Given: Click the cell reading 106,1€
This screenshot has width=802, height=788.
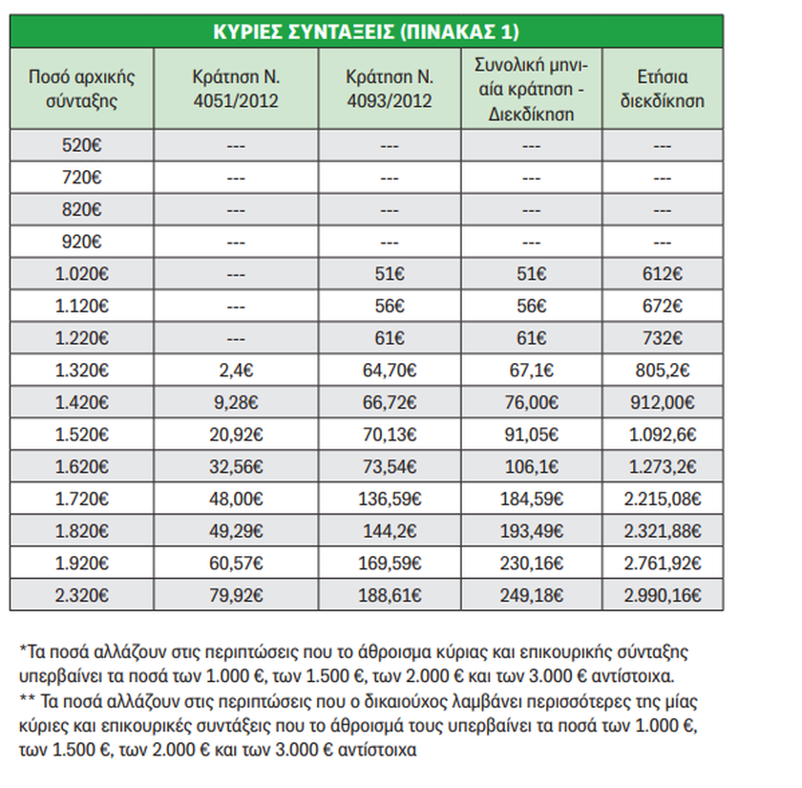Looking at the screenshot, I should [x=532, y=467].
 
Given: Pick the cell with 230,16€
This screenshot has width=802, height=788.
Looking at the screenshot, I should [x=532, y=563].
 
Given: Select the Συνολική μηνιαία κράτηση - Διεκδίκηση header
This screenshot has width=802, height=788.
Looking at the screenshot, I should [x=532, y=89].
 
